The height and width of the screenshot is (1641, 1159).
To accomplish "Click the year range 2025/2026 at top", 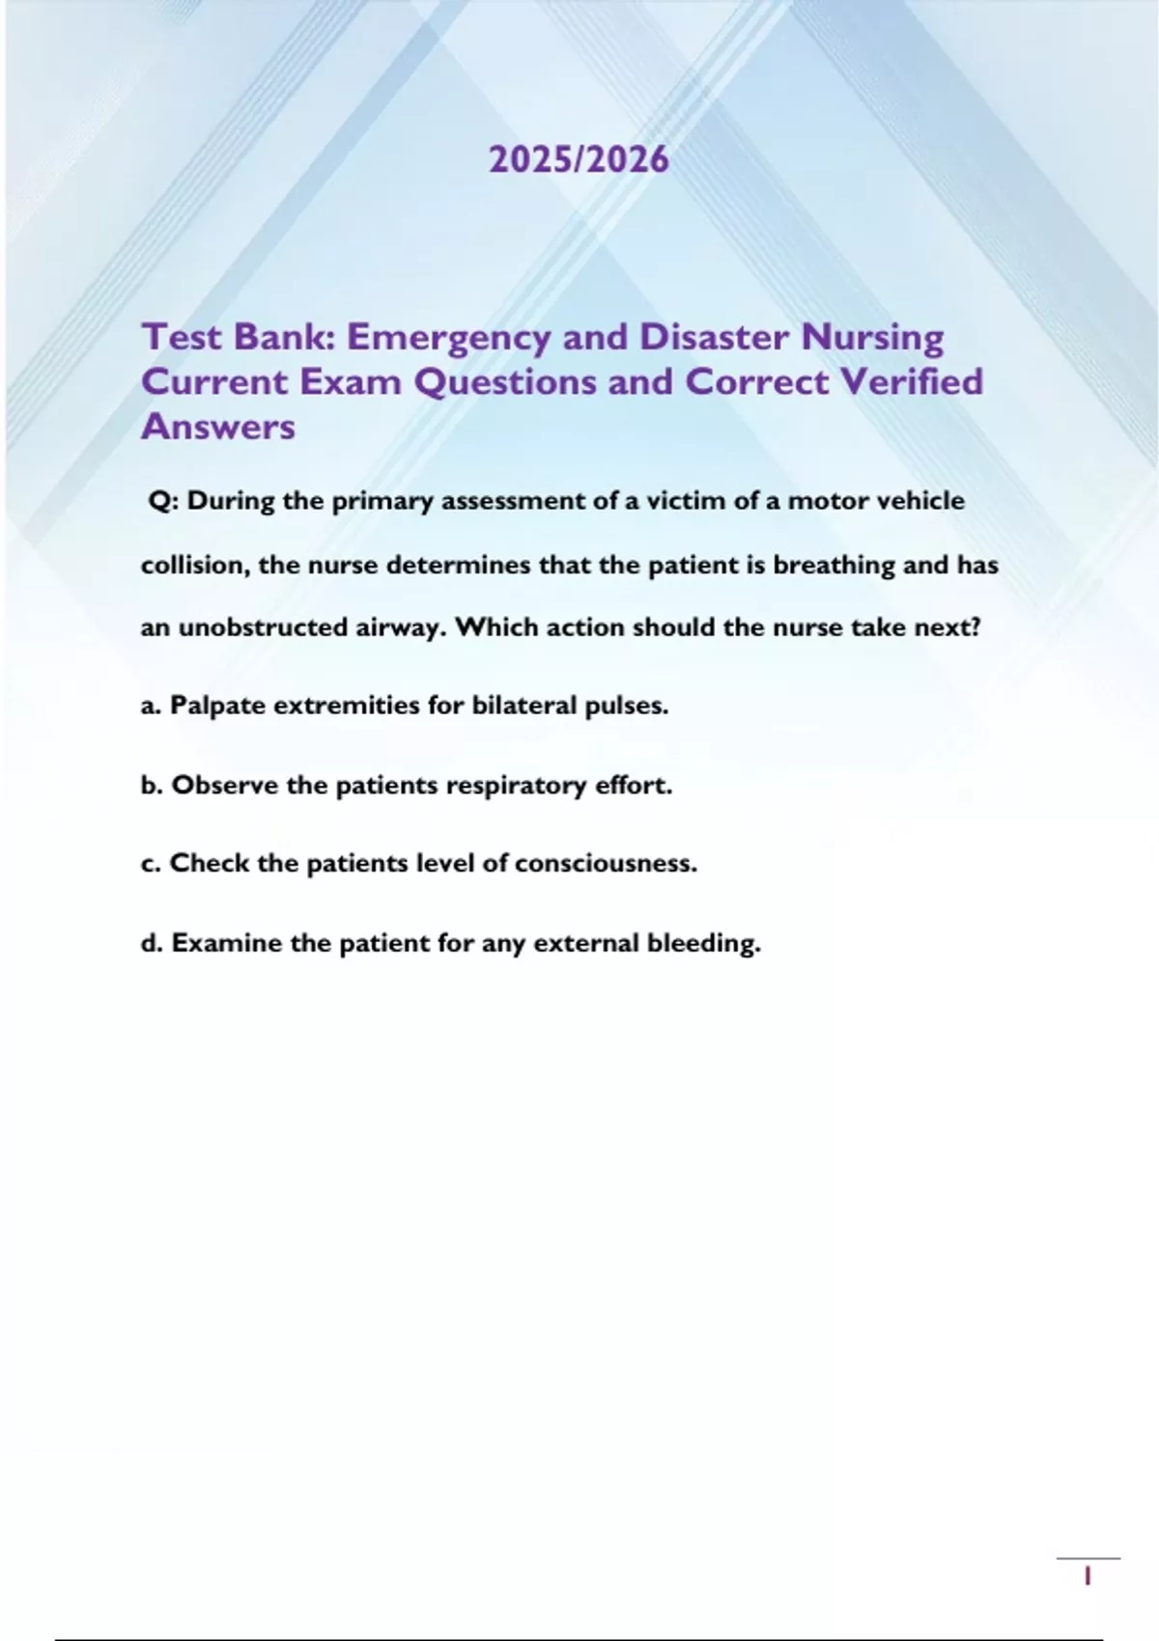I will (x=579, y=159).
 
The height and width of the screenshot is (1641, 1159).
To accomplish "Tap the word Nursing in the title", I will (x=873, y=339).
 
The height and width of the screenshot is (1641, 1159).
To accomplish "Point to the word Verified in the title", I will (x=911, y=382).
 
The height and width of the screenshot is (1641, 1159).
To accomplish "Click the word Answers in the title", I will (x=218, y=427).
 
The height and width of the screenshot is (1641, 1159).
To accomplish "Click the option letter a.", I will (x=150, y=707).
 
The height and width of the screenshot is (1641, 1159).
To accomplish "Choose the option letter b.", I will (x=151, y=786).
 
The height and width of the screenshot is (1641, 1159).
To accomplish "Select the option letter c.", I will (x=150, y=864).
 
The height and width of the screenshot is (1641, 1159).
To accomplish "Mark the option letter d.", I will (x=151, y=943).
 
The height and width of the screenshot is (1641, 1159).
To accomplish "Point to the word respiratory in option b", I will (x=516, y=787).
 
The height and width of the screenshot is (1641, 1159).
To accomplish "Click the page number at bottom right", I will (x=1088, y=1577).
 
